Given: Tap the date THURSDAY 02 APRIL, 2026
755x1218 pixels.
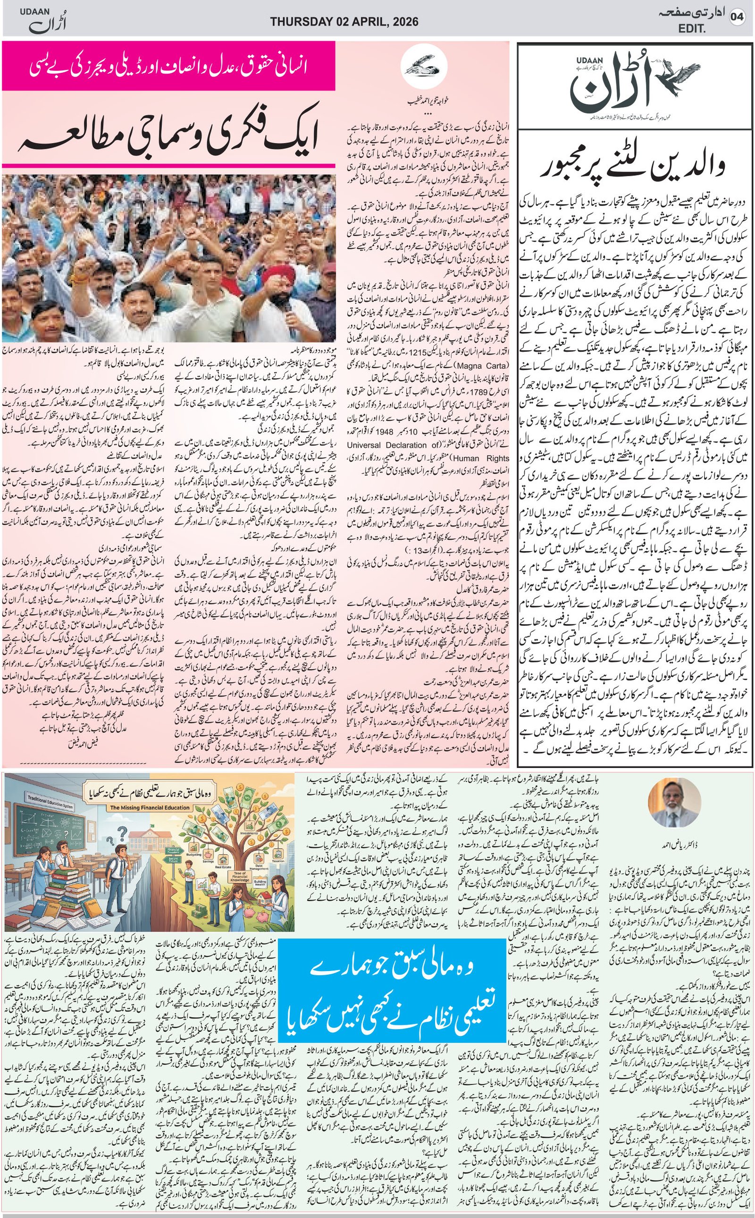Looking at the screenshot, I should point(344,22).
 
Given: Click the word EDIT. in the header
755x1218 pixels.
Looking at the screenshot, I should point(692,29).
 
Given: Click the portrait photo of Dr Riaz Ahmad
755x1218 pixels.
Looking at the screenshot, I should point(671,805).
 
